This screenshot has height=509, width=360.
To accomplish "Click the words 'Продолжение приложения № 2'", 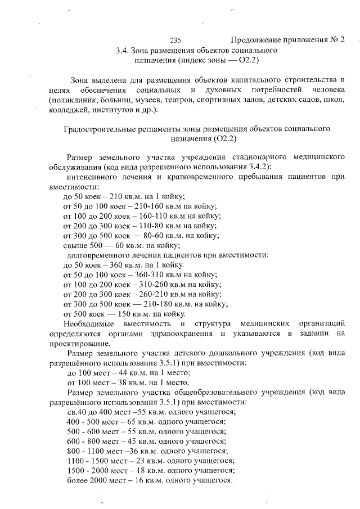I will (x=287, y=40).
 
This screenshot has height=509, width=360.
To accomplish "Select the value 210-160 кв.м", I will (x=153, y=206).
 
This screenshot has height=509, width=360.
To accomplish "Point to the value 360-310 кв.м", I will (x=153, y=274).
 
